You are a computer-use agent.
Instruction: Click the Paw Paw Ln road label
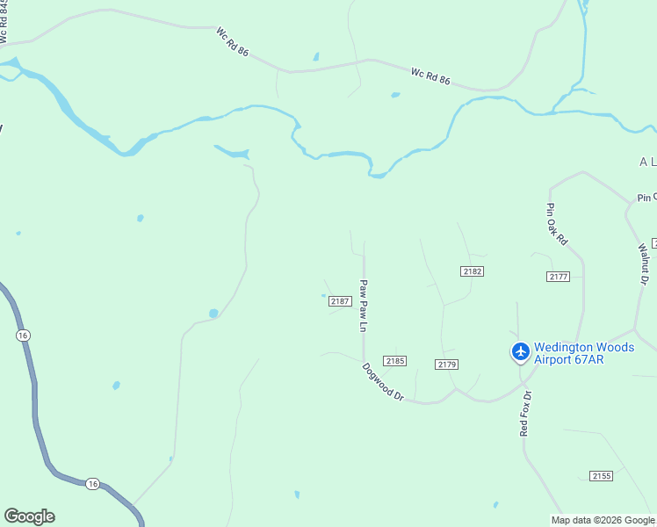point(361,306)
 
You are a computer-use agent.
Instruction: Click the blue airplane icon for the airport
point(521,352)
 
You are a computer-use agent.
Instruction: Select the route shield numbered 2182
point(472,271)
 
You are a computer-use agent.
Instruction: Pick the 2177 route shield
point(558,277)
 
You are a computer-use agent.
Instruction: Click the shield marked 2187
point(341,301)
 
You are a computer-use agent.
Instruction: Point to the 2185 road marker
point(394,361)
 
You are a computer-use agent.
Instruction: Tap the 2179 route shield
point(446,365)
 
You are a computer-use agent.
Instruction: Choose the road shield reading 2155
point(601,476)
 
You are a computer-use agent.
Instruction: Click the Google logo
point(29,516)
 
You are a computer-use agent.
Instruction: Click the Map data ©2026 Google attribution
point(603,520)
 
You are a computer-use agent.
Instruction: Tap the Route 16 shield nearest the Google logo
point(93,484)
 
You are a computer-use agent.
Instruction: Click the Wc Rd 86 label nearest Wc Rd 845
point(233,41)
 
